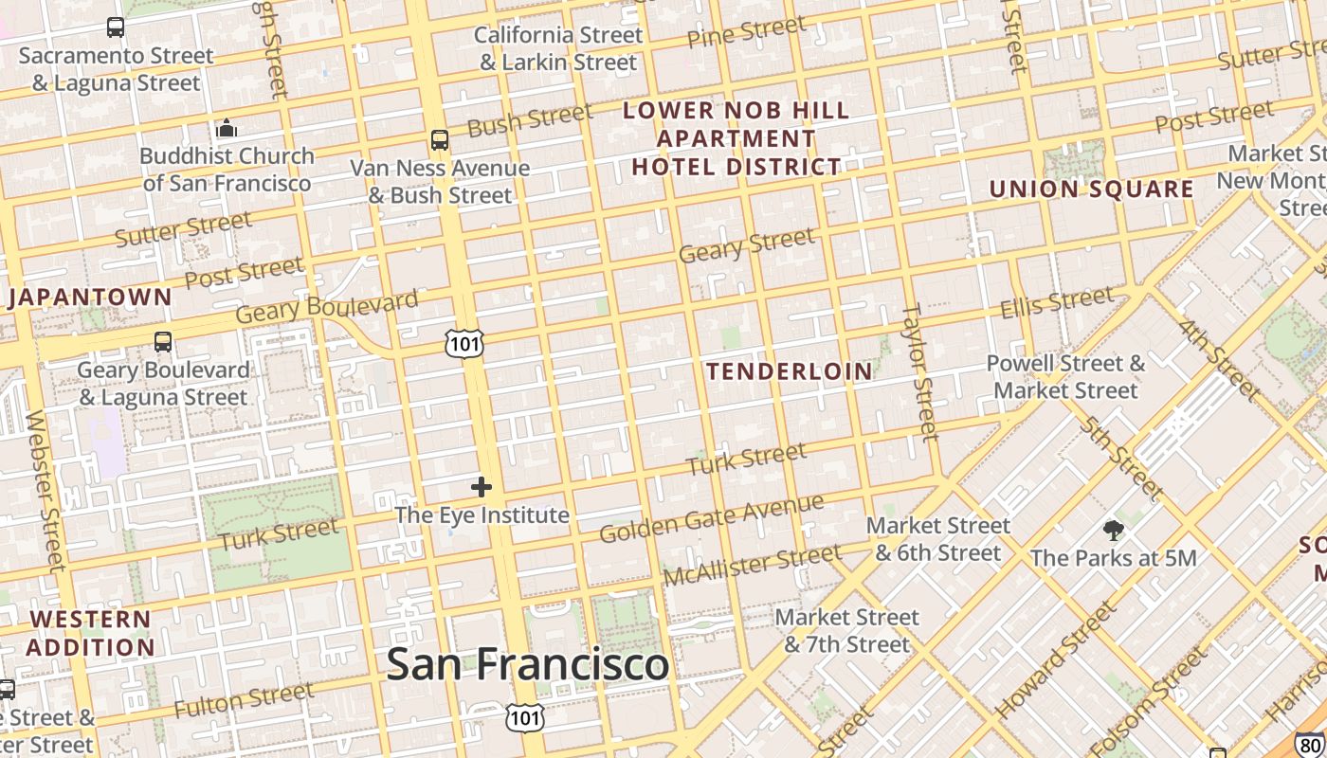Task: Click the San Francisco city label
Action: pyautogui.click(x=527, y=663)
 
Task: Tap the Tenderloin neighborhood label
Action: pyautogui.click(x=789, y=371)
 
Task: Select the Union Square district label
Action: pyautogui.click(x=1091, y=189)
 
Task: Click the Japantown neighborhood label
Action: pyautogui.click(x=91, y=298)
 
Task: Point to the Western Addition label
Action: pyautogui.click(x=90, y=634)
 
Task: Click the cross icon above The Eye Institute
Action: pyautogui.click(x=482, y=487)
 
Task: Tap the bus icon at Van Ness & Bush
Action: pyautogui.click(x=440, y=140)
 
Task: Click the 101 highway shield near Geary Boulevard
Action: pyautogui.click(x=464, y=343)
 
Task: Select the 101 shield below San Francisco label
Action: pyautogui.click(x=525, y=717)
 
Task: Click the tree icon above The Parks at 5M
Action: pyautogui.click(x=1113, y=531)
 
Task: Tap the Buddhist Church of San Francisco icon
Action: pyautogui.click(x=226, y=128)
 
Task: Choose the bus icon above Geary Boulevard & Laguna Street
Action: pyautogui.click(x=163, y=341)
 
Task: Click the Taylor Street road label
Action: pyautogui.click(x=919, y=371)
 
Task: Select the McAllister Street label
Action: pyautogui.click(x=752, y=566)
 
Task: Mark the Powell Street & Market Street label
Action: pyautogui.click(x=1065, y=377)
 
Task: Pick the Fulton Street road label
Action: pyautogui.click(x=244, y=700)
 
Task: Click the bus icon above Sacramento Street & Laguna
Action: pyautogui.click(x=116, y=27)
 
